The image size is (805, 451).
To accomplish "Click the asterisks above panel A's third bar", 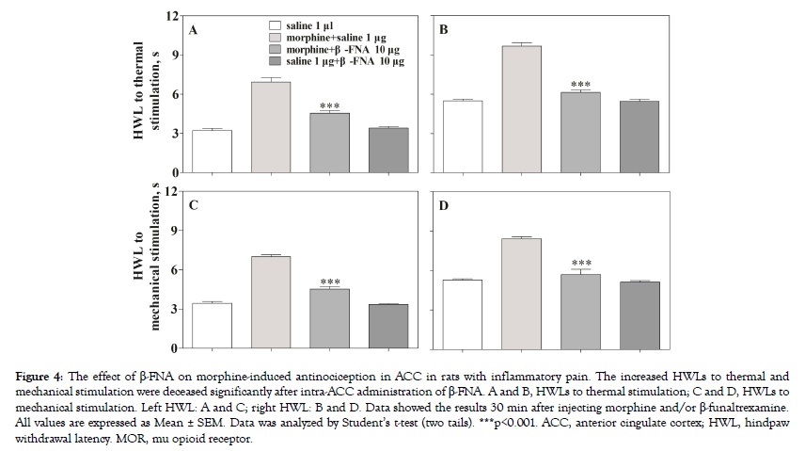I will [x=329, y=105].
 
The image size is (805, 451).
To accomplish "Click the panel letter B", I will [x=443, y=30].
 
